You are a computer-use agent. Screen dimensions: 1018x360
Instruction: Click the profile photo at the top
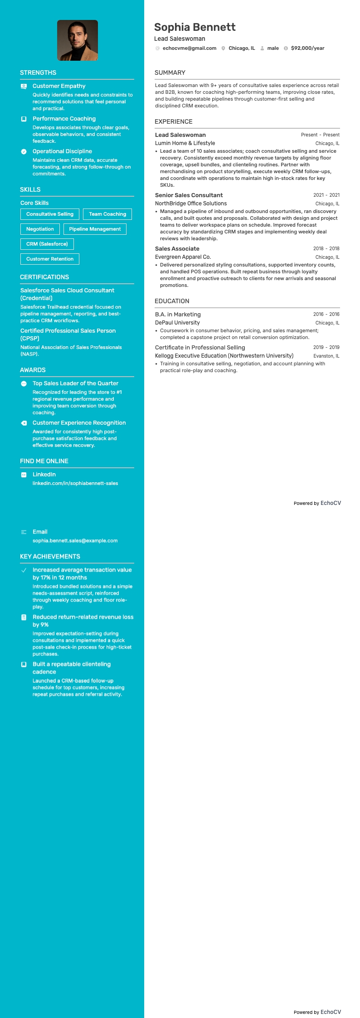click(x=78, y=40)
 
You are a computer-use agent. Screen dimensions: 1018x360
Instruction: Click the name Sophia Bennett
click(x=195, y=27)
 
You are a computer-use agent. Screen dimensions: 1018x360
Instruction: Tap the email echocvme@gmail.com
click(x=189, y=48)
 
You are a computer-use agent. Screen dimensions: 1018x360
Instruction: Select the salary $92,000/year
click(x=307, y=48)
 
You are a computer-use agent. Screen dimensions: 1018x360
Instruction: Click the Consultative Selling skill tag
click(x=50, y=214)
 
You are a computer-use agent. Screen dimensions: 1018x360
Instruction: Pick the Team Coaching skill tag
click(x=107, y=214)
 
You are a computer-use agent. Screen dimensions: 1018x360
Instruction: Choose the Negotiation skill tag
click(x=40, y=229)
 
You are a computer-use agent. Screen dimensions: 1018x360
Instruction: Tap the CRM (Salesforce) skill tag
click(x=47, y=244)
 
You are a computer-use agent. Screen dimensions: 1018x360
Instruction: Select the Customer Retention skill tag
click(x=50, y=259)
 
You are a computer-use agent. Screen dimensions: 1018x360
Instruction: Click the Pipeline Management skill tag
click(x=95, y=229)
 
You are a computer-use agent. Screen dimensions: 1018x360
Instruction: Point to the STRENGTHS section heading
click(x=38, y=73)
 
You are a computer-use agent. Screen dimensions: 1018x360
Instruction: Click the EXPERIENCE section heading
click(x=174, y=121)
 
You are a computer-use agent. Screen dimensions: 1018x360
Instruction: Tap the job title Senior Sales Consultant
click(x=189, y=195)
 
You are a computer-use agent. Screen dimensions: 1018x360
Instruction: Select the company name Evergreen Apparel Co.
click(x=183, y=257)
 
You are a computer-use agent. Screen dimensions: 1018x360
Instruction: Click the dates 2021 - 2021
click(x=326, y=195)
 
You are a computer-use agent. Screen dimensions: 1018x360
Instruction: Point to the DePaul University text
click(x=177, y=323)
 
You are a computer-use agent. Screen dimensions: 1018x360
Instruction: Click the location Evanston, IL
click(x=326, y=356)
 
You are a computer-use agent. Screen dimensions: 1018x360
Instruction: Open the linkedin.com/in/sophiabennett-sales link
click(x=75, y=483)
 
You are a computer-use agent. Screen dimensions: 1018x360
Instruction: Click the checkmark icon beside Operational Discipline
click(x=24, y=151)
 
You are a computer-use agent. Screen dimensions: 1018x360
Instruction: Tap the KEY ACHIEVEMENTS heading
click(x=50, y=557)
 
